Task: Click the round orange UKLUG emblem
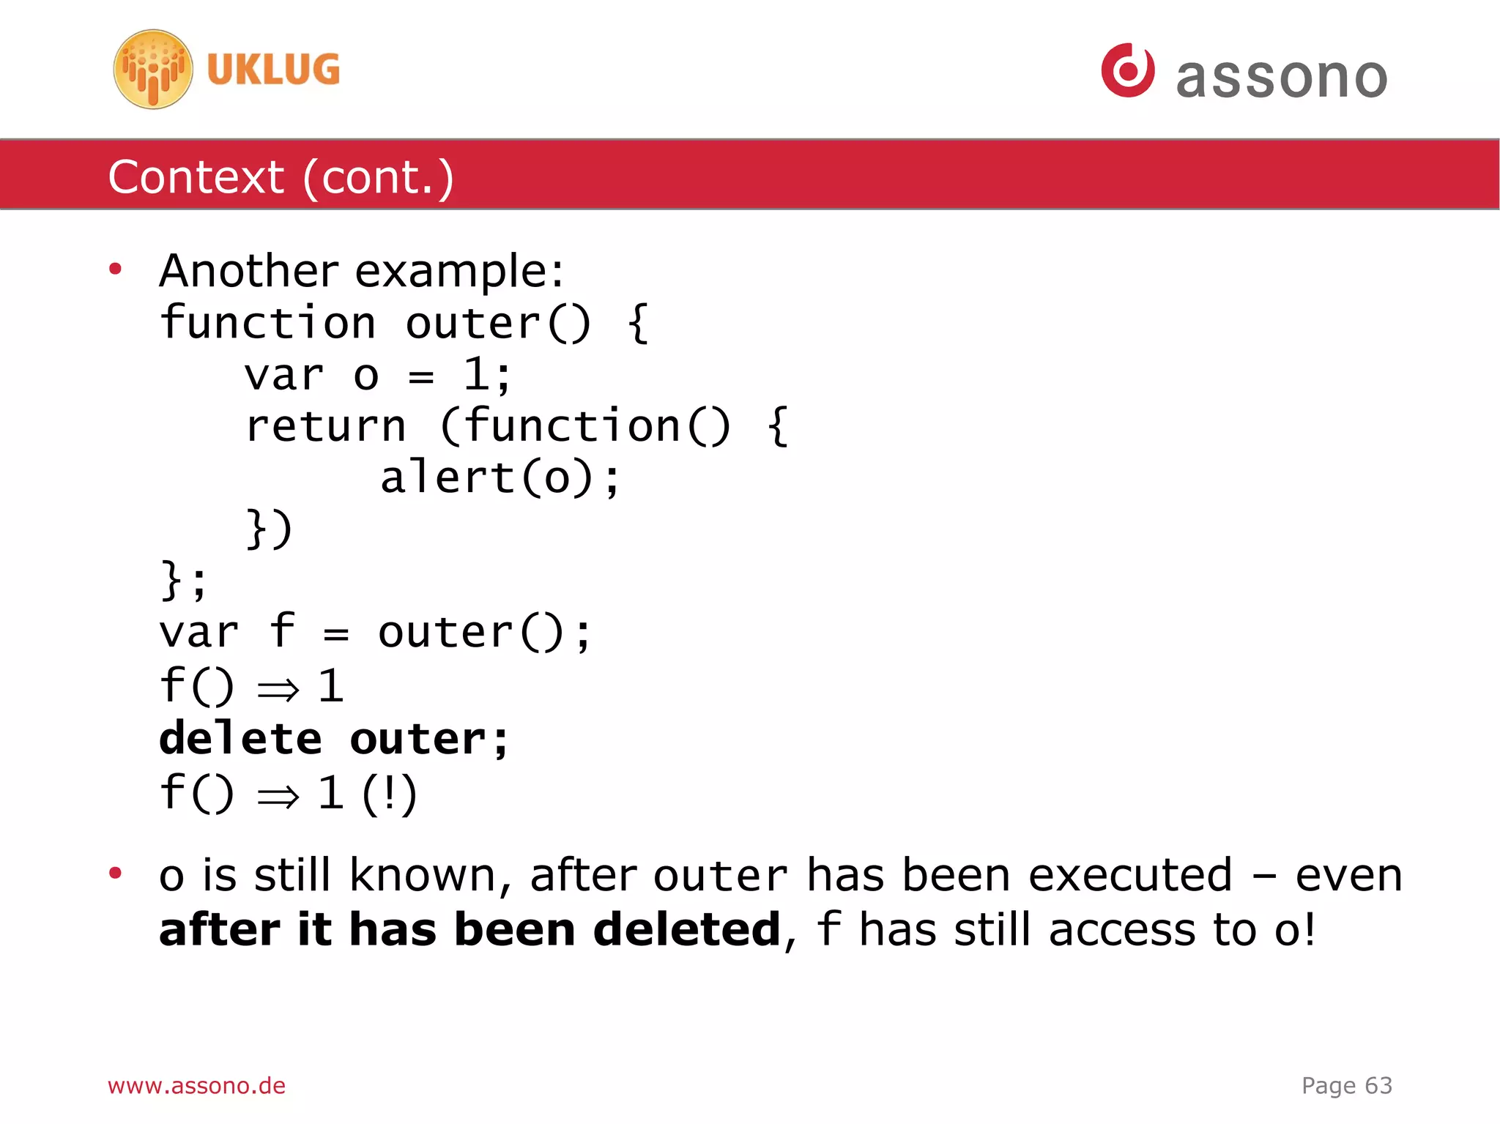click(153, 70)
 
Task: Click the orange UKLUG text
click(273, 70)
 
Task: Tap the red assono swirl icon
click(1128, 70)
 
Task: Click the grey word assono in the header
click(1281, 77)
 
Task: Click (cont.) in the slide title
click(378, 177)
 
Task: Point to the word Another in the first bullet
click(249, 271)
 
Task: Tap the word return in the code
click(326, 426)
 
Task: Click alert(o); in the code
click(500, 478)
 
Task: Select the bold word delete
click(240, 738)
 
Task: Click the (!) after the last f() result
click(389, 794)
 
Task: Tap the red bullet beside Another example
click(115, 269)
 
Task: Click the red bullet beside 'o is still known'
click(115, 873)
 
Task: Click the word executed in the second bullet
click(1130, 875)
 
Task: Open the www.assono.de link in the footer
click(196, 1085)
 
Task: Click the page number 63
click(1378, 1085)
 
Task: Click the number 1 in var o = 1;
click(476, 375)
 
